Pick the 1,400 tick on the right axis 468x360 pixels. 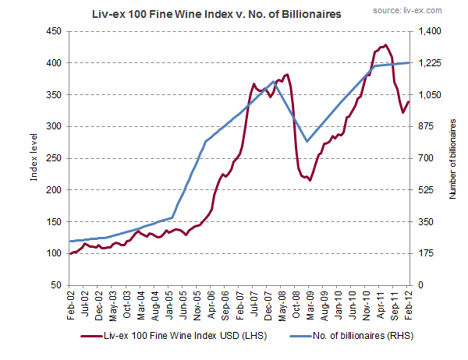(430, 31)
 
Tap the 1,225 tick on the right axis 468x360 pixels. (430, 63)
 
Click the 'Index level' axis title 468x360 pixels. (34, 160)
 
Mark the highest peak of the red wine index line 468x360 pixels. (385, 45)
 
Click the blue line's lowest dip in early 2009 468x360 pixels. (307, 141)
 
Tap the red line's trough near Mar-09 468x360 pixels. (310, 180)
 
